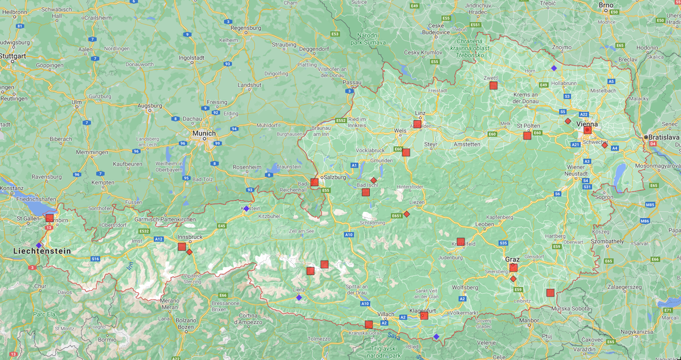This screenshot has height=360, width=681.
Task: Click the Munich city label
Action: pos(203,133)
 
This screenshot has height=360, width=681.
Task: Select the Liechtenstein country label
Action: pos(42,251)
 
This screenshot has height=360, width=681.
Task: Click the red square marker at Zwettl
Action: pos(494,85)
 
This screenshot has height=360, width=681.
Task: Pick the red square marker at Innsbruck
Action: pos(182,247)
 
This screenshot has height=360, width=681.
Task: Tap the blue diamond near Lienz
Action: pos(299,297)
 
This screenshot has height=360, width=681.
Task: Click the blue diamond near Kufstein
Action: pos(246,209)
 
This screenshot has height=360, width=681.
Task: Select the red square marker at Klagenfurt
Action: pos(424,316)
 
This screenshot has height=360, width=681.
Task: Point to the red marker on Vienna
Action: pos(587,130)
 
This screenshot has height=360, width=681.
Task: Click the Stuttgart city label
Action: pos(13,56)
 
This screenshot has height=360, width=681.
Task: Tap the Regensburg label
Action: pos(246,27)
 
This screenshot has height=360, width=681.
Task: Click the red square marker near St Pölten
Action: pos(527,136)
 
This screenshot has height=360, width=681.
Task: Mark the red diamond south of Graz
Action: pos(513,279)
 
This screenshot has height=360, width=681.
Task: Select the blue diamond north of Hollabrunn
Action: pos(554,68)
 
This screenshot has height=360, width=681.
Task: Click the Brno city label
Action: pos(606,5)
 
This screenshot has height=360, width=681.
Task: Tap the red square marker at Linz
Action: pos(418,124)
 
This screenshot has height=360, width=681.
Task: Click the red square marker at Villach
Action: pos(369,325)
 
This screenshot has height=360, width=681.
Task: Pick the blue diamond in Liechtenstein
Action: pos(39,246)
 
